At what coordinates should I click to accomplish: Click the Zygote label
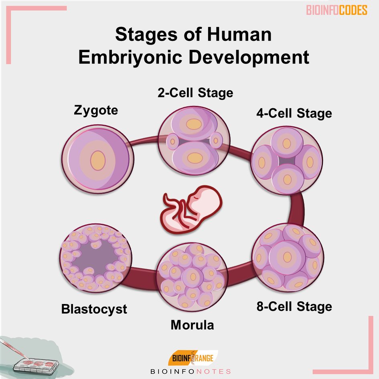(x=96, y=110)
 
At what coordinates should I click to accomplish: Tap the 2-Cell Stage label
(x=195, y=93)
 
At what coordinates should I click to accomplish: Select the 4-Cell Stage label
(x=294, y=113)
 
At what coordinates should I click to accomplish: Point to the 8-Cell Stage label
(x=294, y=307)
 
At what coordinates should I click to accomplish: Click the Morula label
(x=192, y=325)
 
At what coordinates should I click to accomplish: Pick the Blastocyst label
(x=94, y=309)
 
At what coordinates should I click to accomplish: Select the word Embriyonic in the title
(x=130, y=57)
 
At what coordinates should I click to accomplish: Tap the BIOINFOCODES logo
(x=336, y=10)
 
